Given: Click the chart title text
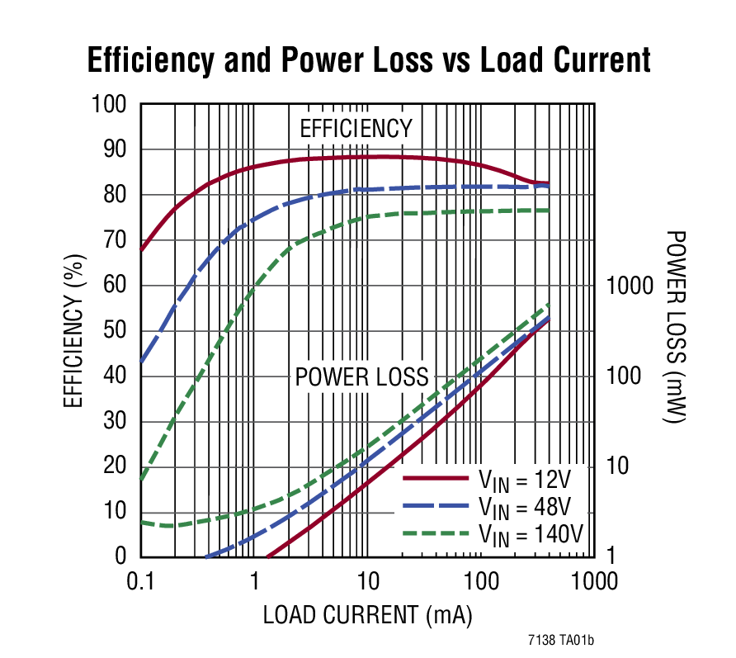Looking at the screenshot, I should coord(369,60).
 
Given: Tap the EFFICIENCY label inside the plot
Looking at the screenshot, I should coord(356,129).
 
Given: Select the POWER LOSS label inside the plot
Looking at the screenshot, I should coord(361,377).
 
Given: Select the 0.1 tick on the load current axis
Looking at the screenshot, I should coord(141,581).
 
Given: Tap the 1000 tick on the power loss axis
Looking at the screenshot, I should coord(630,286).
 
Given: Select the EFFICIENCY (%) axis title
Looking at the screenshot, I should coord(74,330).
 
